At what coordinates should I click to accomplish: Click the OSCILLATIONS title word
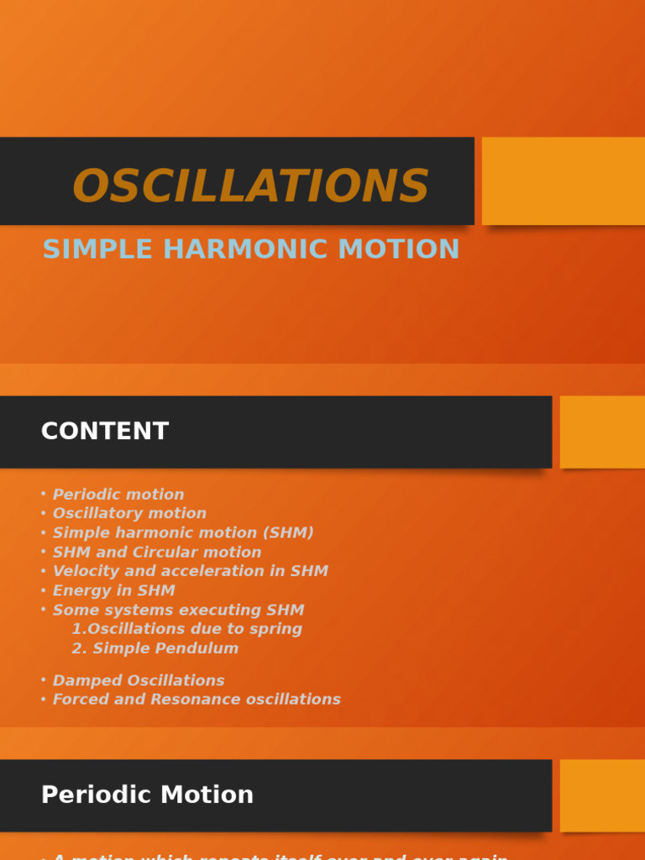coord(250,186)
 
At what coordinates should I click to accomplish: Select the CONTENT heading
coord(105,432)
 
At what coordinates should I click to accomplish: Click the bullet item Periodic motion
coord(118,495)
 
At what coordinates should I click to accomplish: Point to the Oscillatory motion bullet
coord(129,513)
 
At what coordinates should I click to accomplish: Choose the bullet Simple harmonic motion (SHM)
coord(183,532)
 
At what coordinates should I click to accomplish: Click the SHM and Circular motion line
coord(157,552)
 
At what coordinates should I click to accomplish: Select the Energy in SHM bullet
coord(113,590)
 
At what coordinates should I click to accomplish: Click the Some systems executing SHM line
coord(178,610)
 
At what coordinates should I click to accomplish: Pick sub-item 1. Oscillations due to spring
coord(186,629)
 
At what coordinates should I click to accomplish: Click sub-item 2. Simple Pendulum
coord(155,648)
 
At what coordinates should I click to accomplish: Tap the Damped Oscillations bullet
coord(139,680)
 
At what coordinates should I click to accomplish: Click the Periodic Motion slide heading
coord(147,795)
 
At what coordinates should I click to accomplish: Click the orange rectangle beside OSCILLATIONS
coord(563,181)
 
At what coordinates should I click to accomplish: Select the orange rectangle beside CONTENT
coord(602,432)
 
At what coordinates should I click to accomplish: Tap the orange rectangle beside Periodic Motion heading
coord(602,795)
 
